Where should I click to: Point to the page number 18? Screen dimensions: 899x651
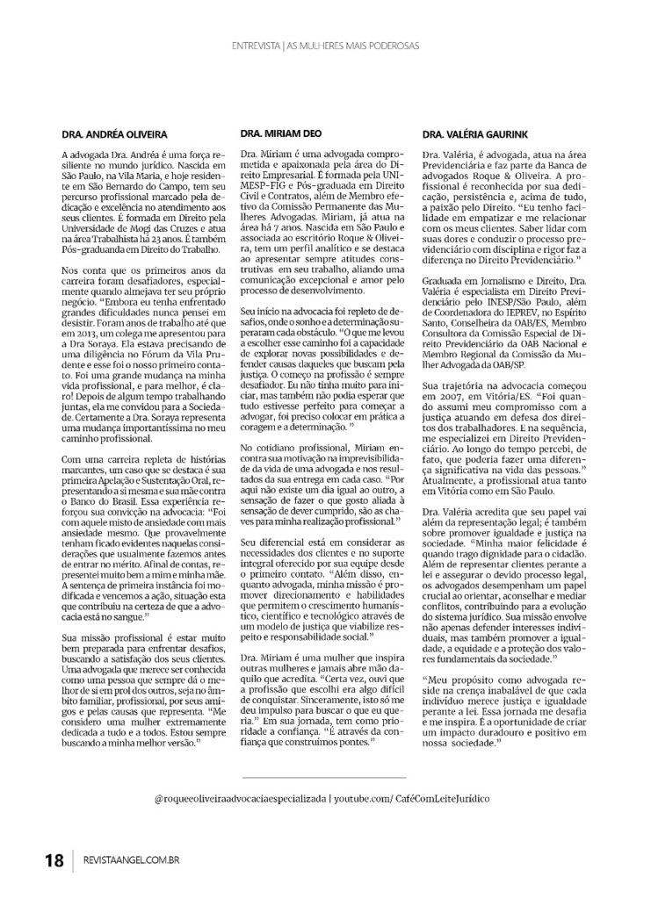pyautogui.click(x=54, y=859)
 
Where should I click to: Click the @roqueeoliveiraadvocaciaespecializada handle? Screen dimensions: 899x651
pyautogui.click(x=239, y=798)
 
